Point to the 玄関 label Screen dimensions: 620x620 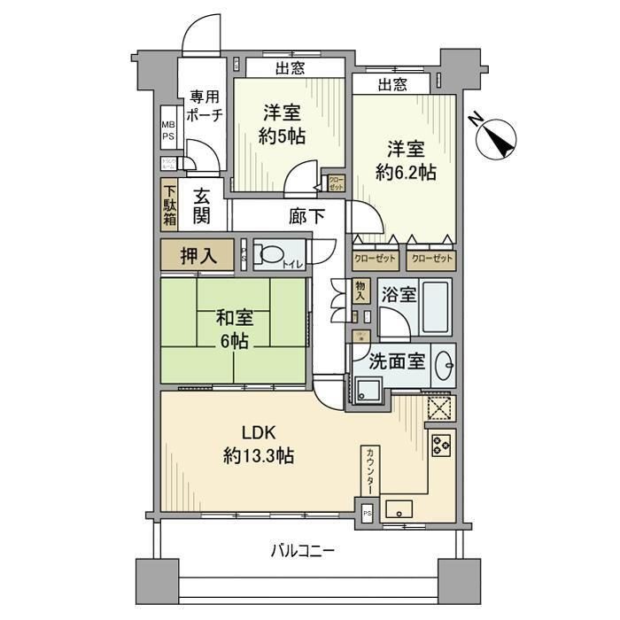click(x=202, y=206)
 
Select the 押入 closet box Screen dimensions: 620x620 click(x=197, y=255)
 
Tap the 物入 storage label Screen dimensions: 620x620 click(x=360, y=292)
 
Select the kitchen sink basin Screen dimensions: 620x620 click(x=400, y=509)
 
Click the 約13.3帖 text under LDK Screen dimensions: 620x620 click(x=260, y=457)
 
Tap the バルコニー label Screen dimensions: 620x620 click(x=302, y=551)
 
